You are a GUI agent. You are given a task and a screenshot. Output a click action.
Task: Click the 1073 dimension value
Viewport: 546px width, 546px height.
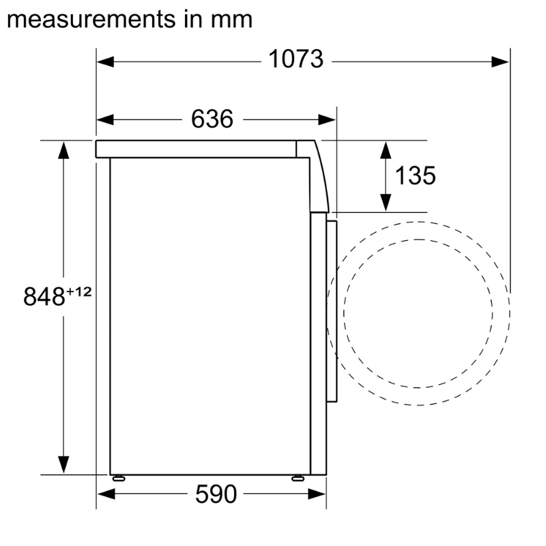296,59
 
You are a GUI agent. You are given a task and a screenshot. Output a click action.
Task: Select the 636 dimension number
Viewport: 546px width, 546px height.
212,119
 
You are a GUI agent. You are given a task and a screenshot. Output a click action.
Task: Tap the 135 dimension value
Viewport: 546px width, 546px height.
415,175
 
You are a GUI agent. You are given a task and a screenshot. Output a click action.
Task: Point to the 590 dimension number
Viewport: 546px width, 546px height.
216,493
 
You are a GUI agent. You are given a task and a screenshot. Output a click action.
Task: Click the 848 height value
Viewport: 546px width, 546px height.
44,296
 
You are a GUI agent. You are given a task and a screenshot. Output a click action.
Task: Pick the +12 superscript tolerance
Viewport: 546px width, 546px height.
78,291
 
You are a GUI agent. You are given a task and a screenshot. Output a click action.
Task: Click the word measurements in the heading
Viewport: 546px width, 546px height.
91,20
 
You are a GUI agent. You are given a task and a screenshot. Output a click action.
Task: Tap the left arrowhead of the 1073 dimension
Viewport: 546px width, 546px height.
106,62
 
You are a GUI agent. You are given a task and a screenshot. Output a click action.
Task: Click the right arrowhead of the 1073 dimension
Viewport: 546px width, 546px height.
500,62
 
